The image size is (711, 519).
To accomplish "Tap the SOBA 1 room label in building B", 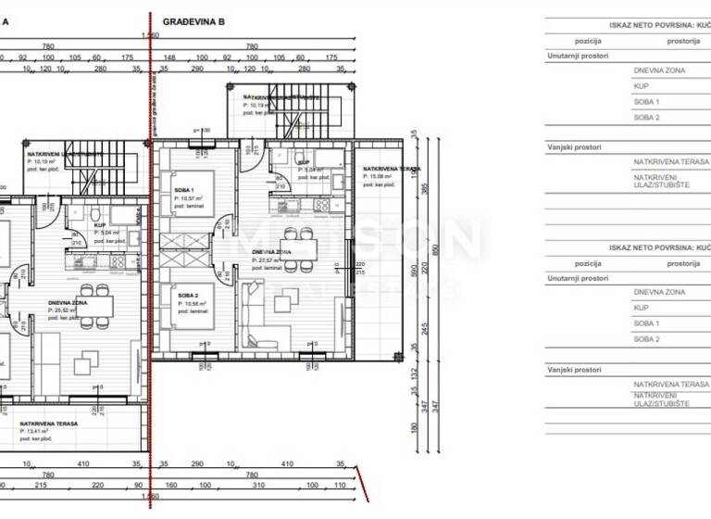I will (185, 190).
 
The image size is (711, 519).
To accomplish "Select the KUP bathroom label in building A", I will (99, 224).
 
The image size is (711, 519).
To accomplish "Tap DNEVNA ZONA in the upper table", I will (659, 70).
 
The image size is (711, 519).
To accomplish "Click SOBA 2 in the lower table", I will (646, 339).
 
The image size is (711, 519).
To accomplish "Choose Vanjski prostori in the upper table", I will (575, 146).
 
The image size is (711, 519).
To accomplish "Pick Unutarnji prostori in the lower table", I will (578, 277).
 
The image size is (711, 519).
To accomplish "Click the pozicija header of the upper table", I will (588, 41).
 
